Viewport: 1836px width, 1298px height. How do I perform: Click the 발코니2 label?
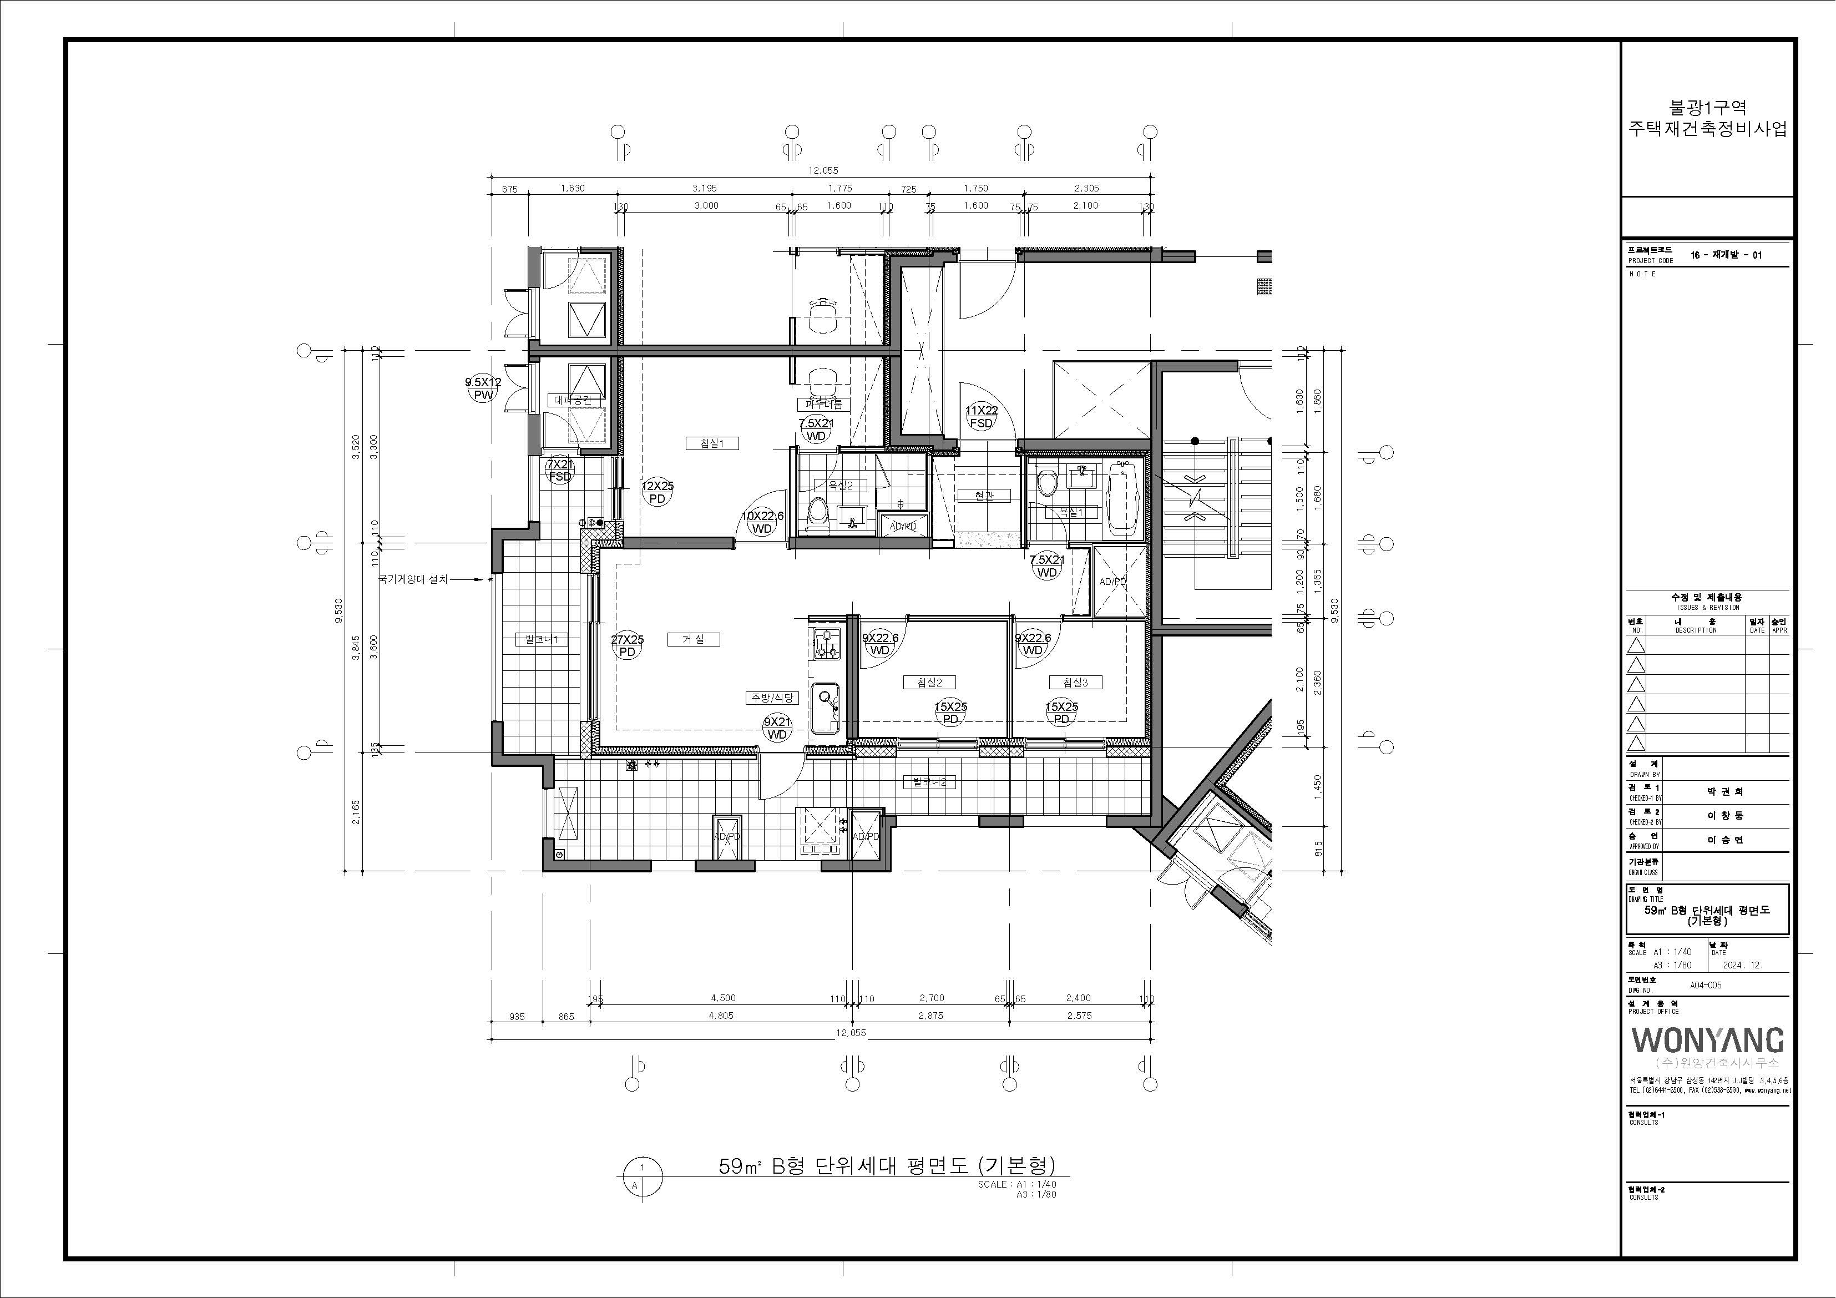[929, 781]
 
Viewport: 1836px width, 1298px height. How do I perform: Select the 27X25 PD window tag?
[628, 645]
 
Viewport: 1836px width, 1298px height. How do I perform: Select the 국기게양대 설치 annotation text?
[413, 578]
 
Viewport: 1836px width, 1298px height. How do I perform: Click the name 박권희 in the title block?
[1725, 792]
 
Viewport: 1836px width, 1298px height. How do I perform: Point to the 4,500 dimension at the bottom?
[723, 998]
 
